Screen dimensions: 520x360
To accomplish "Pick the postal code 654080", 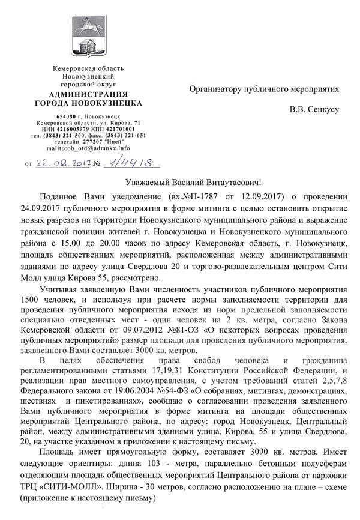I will tap(65, 115).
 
